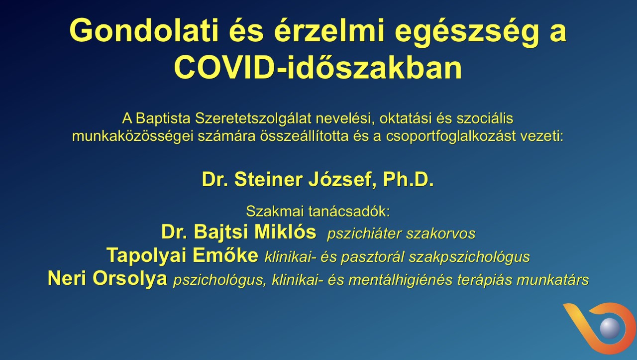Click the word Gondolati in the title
144,30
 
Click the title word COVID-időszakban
318,67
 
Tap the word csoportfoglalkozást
451,136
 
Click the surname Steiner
268,179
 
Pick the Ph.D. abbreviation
409,179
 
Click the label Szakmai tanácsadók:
318,212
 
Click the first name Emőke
225,255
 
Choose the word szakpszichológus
469,257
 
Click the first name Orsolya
130,278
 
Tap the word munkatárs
552,280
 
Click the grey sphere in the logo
610,328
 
